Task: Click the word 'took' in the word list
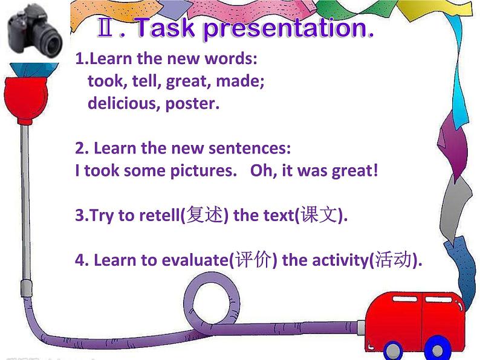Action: tap(103, 81)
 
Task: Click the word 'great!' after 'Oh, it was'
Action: tap(354, 170)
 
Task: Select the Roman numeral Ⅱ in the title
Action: tap(108, 28)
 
